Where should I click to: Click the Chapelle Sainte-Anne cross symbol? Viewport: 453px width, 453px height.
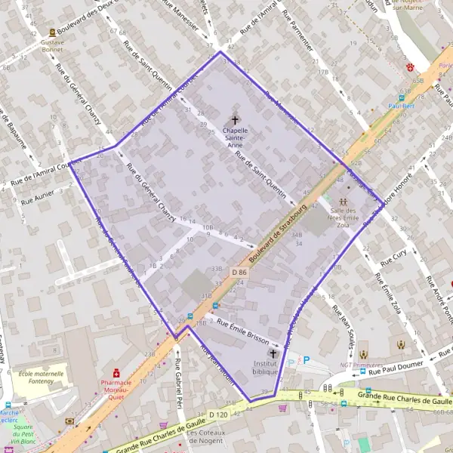(235, 119)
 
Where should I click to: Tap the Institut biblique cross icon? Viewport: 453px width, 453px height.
(273, 353)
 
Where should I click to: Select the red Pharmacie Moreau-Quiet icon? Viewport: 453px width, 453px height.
(116, 372)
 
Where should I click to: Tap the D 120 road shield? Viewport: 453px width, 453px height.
(218, 414)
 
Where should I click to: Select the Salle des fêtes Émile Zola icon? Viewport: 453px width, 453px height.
(344, 202)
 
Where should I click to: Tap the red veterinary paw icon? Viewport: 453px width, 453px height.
(410, 67)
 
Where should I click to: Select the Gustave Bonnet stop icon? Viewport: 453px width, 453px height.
(52, 32)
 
